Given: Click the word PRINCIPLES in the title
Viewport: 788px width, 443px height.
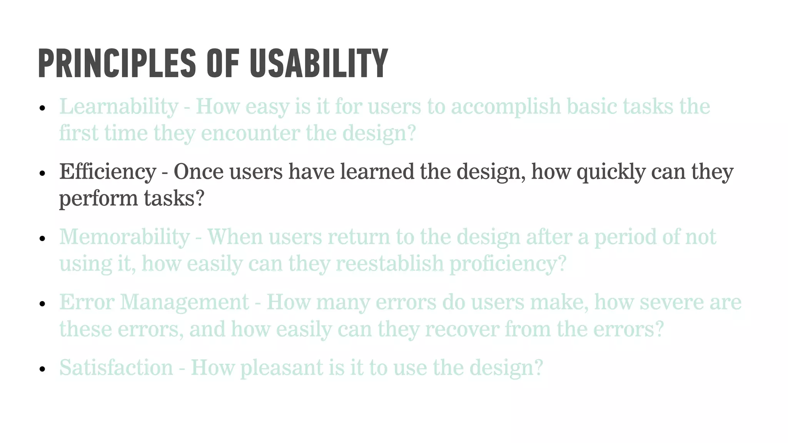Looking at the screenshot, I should [117, 63].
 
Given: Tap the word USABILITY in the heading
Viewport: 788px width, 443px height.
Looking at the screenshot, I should [319, 63].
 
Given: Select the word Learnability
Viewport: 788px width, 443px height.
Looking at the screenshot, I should [119, 107].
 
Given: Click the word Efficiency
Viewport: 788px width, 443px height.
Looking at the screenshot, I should [108, 172].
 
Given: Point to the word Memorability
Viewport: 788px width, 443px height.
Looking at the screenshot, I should [124, 237].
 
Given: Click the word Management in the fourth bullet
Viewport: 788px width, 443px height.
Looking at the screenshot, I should [185, 302].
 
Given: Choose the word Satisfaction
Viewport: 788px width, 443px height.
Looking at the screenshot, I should [116, 368].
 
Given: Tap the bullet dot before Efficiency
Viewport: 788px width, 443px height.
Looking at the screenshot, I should [43, 173].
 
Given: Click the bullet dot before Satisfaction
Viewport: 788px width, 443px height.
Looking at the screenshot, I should [43, 370].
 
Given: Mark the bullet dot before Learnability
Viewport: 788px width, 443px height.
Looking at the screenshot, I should [43, 108].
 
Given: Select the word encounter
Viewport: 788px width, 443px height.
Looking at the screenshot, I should [250, 134].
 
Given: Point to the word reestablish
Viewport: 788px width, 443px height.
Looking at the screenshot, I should [389, 264].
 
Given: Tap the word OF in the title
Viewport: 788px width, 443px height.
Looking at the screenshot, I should [223, 63].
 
